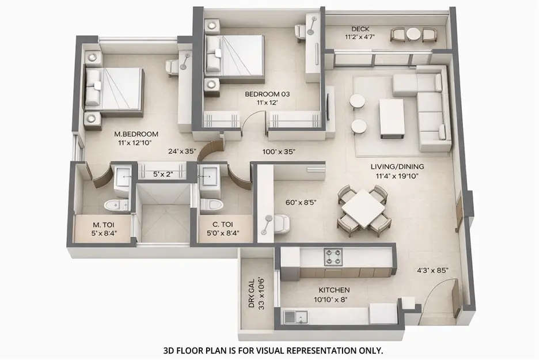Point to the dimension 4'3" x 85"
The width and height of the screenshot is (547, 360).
click(x=432, y=270)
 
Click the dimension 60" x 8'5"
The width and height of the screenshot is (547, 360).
click(x=301, y=202)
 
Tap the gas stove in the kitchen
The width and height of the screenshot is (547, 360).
click(x=333, y=255)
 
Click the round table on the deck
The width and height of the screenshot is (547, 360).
click(x=413, y=35)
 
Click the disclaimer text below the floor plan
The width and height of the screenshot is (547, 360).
click(x=273, y=350)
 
